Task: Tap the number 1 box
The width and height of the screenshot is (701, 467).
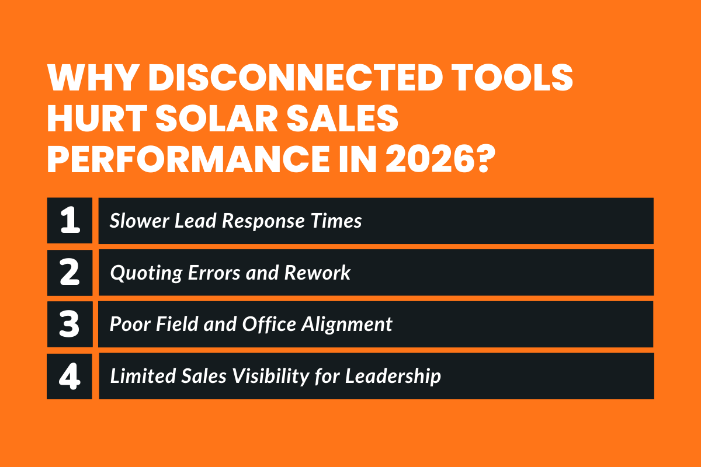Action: click(70, 221)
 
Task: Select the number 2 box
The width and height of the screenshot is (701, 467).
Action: click(70, 273)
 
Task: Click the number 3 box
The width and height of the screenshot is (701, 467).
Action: click(70, 325)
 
